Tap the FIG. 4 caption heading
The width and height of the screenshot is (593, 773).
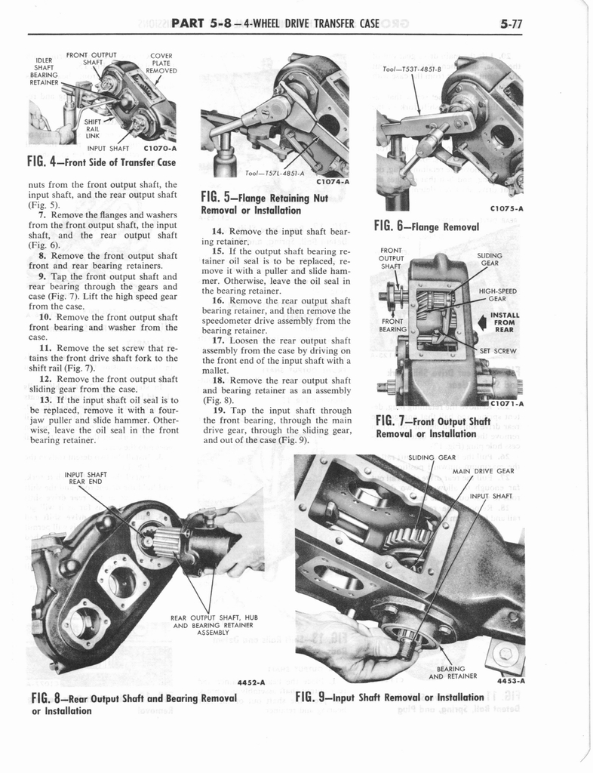pos(101,162)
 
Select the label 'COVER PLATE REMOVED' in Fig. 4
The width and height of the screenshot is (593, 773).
pos(161,63)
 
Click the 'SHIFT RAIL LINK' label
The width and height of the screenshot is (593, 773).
pos(93,128)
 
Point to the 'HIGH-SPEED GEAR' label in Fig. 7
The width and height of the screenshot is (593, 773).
pos(496,294)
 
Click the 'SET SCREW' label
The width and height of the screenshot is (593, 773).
pos(497,351)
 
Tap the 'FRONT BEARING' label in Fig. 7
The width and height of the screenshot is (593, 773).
pos(393,325)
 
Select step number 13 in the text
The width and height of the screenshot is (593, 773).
pos(45,400)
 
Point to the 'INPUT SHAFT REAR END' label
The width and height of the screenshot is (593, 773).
pos(86,478)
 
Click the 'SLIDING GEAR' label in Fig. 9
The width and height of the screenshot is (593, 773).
pos(432,457)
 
